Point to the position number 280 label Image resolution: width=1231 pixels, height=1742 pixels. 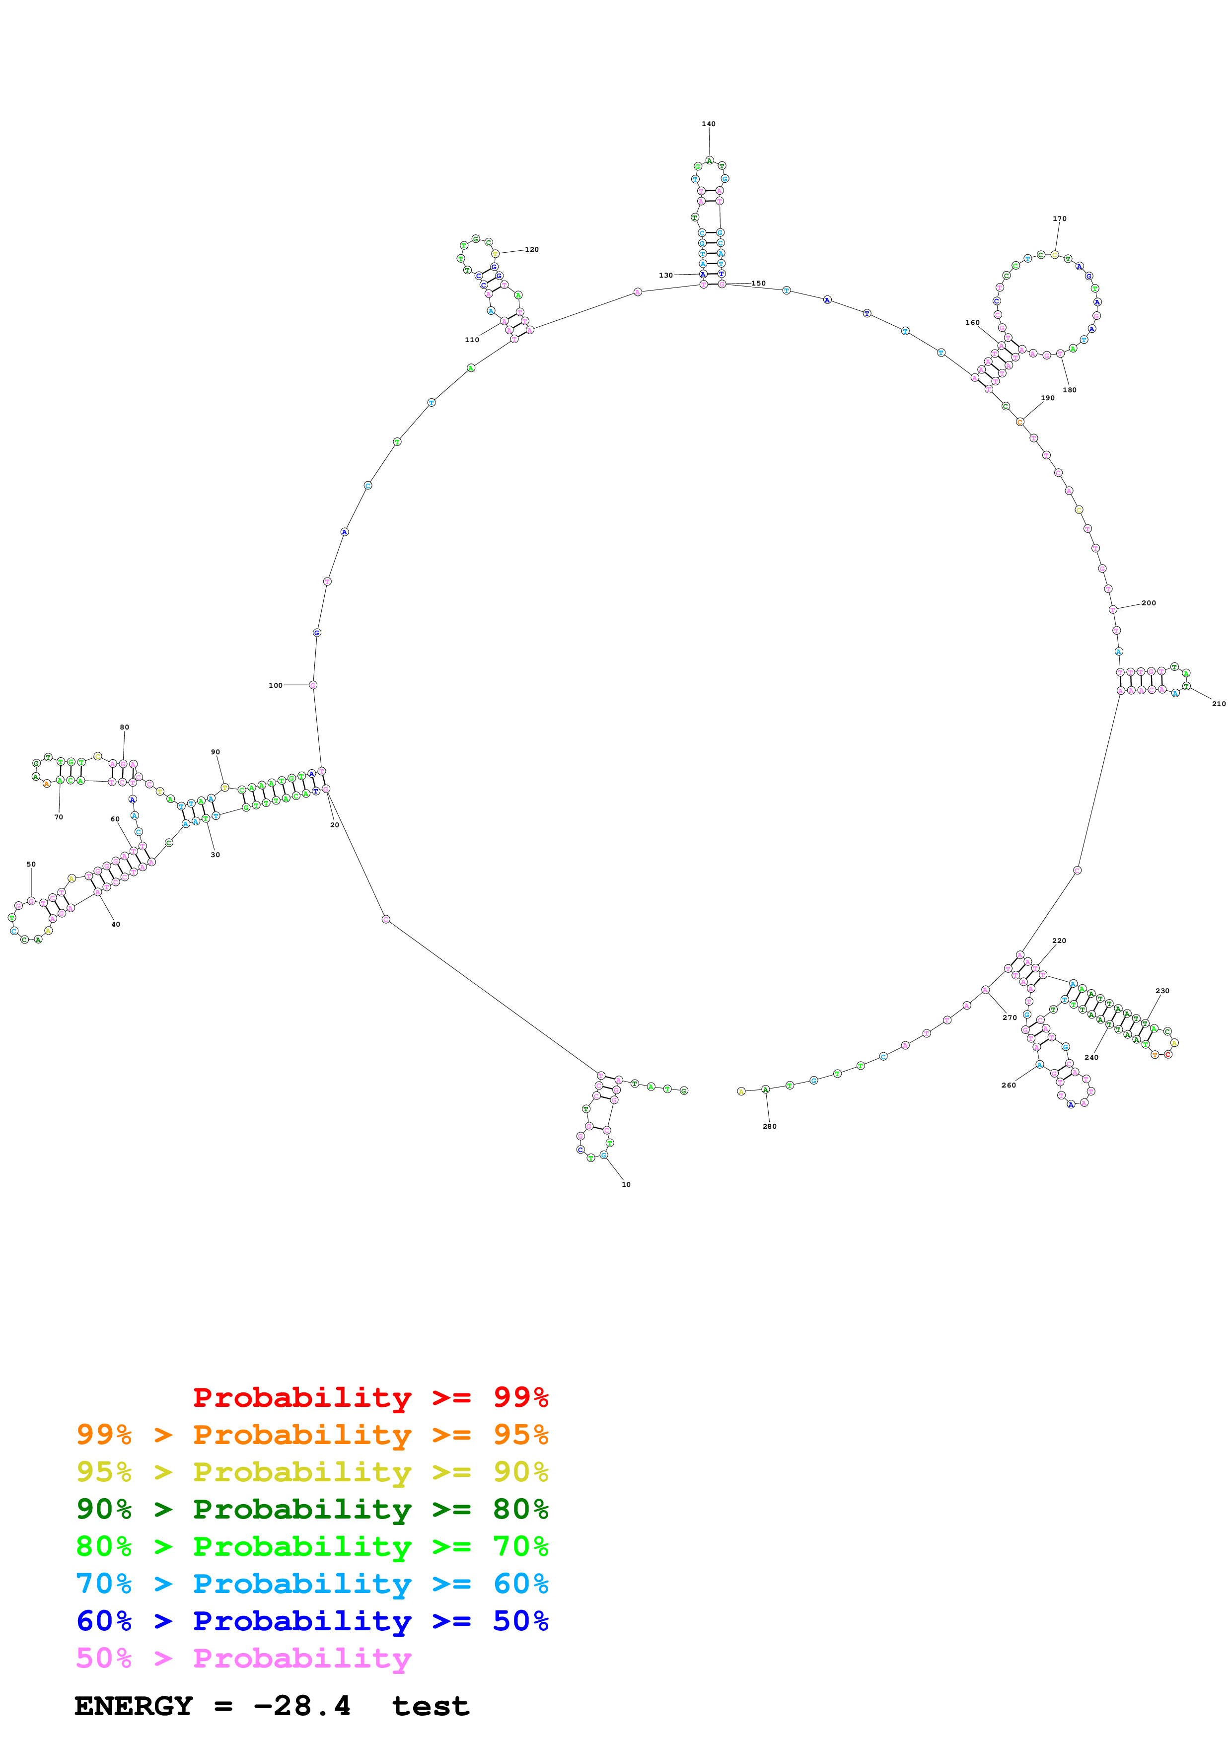click(769, 1126)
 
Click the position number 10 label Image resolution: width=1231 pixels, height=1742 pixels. click(626, 1183)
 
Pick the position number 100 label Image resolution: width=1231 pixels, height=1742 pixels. click(275, 685)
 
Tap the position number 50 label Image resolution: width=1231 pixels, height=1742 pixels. click(31, 864)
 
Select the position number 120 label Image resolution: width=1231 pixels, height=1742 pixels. click(532, 250)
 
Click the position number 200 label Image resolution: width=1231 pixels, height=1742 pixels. click(1149, 603)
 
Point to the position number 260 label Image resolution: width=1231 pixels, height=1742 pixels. click(1008, 1085)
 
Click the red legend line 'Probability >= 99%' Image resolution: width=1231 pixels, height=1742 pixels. click(370, 1397)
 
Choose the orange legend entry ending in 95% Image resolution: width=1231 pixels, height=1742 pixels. click(312, 1434)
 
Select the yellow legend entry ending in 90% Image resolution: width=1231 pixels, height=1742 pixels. click(312, 1471)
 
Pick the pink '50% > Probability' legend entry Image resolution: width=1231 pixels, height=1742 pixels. click(243, 1657)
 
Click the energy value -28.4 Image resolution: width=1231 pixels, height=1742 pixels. click(302, 1706)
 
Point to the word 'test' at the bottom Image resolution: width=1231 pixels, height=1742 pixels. click(430, 1706)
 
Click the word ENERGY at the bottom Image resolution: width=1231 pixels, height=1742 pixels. click(134, 1706)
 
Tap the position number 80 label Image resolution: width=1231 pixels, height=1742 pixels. click(124, 727)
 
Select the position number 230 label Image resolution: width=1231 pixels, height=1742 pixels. click(1162, 991)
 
